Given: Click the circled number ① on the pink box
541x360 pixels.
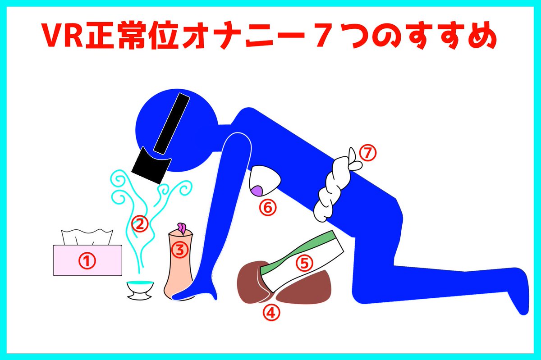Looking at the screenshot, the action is point(87,260).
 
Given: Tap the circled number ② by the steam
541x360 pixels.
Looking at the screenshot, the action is point(140,223).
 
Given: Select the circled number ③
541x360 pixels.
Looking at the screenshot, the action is point(180,250).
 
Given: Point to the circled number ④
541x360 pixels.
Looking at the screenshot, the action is point(271,312).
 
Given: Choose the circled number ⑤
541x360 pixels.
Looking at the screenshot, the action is point(304,263).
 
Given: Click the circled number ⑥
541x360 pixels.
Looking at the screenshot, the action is point(268,207).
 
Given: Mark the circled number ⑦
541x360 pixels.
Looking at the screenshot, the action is point(368,153).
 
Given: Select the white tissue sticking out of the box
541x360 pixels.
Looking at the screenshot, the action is point(87,237).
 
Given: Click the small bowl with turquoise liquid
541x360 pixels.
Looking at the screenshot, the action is point(140,290).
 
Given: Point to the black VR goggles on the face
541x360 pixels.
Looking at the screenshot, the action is point(151,166).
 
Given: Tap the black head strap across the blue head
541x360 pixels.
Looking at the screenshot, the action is point(171,123).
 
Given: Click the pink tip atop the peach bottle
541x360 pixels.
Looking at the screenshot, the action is point(182,228).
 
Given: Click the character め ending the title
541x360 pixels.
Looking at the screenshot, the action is point(482,36).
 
